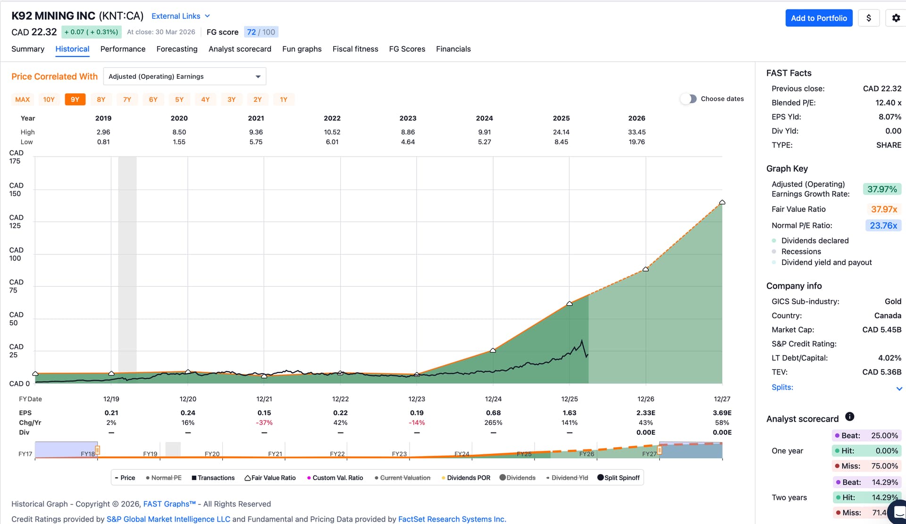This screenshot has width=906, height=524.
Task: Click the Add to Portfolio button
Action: (819, 18)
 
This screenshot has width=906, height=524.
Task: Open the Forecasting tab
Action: (177, 49)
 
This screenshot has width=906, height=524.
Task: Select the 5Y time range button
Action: (179, 100)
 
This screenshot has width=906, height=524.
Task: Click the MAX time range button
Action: (23, 100)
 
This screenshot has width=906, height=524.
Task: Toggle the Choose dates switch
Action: (688, 99)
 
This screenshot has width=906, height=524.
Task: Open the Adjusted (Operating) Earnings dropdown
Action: (185, 76)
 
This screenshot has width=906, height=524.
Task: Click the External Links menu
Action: (181, 16)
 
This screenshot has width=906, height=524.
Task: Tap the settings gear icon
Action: (896, 18)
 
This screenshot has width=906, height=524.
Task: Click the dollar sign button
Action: (869, 18)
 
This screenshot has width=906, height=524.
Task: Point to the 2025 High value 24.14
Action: (561, 132)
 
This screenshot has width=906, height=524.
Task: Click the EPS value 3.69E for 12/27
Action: (722, 413)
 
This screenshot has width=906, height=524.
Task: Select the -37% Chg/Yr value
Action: (264, 423)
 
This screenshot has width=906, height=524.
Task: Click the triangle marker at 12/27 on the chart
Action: (722, 202)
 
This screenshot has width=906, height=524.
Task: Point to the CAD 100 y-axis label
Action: (16, 254)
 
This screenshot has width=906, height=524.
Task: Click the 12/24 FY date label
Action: (493, 399)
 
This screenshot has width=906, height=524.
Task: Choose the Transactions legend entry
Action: (213, 478)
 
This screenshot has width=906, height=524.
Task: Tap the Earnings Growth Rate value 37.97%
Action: (882, 189)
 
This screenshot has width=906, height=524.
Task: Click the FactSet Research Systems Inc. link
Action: (452, 519)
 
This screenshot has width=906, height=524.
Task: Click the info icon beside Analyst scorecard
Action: (850, 416)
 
